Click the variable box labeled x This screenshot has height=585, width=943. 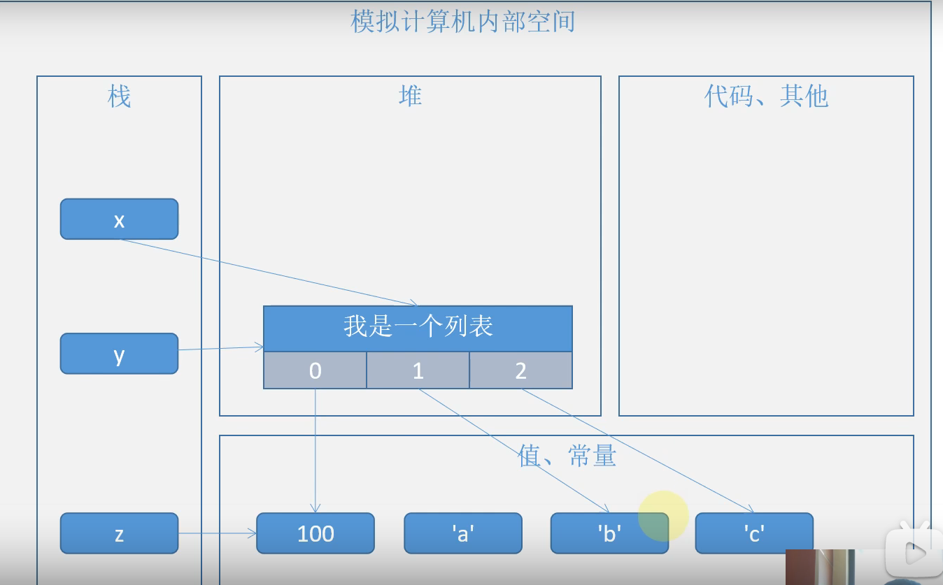(x=119, y=219)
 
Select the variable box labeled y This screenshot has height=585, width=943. (x=119, y=354)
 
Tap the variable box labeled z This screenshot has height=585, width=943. (x=119, y=533)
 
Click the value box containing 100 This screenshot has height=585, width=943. (x=315, y=533)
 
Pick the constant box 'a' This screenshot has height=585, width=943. (x=463, y=533)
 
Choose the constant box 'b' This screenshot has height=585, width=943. (x=609, y=533)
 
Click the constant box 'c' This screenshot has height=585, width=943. (x=754, y=533)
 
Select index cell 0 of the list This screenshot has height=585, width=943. (x=315, y=370)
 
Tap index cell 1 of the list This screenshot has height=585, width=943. (x=418, y=370)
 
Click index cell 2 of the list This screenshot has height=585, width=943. (x=520, y=370)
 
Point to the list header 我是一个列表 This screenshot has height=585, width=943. (x=418, y=327)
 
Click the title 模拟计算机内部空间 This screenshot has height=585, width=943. (x=462, y=22)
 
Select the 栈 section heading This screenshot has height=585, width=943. (x=119, y=96)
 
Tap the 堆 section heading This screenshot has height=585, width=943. (x=410, y=96)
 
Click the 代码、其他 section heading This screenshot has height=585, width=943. (x=766, y=96)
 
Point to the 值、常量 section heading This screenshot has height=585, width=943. (x=567, y=456)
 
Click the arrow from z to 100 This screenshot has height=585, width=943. (x=217, y=534)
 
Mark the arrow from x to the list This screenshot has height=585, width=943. (x=269, y=273)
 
